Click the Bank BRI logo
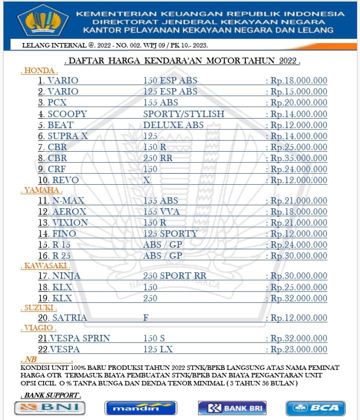(x=232, y=407)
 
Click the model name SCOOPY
(x=67, y=114)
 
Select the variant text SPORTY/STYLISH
(x=183, y=114)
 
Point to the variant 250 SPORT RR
(x=174, y=276)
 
